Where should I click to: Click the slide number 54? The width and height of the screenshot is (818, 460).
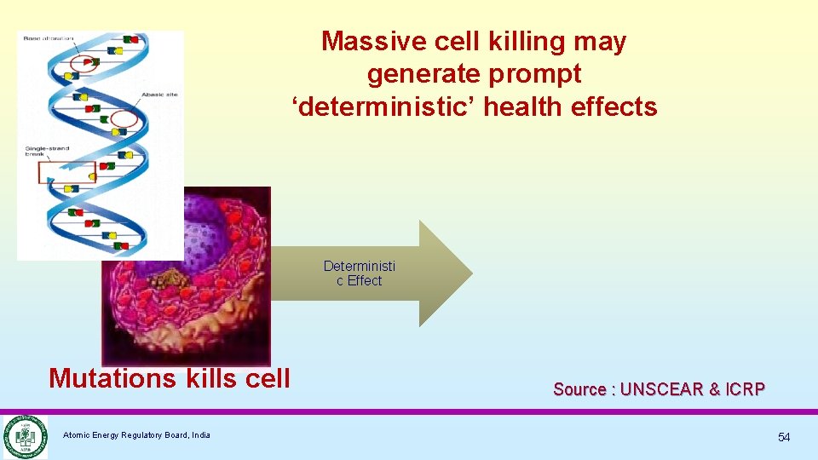pos(783,437)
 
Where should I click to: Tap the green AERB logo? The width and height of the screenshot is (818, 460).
pos(24,436)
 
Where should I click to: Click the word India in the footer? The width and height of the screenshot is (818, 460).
pos(201,435)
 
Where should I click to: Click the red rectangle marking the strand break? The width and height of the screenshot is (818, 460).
pos(66,172)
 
